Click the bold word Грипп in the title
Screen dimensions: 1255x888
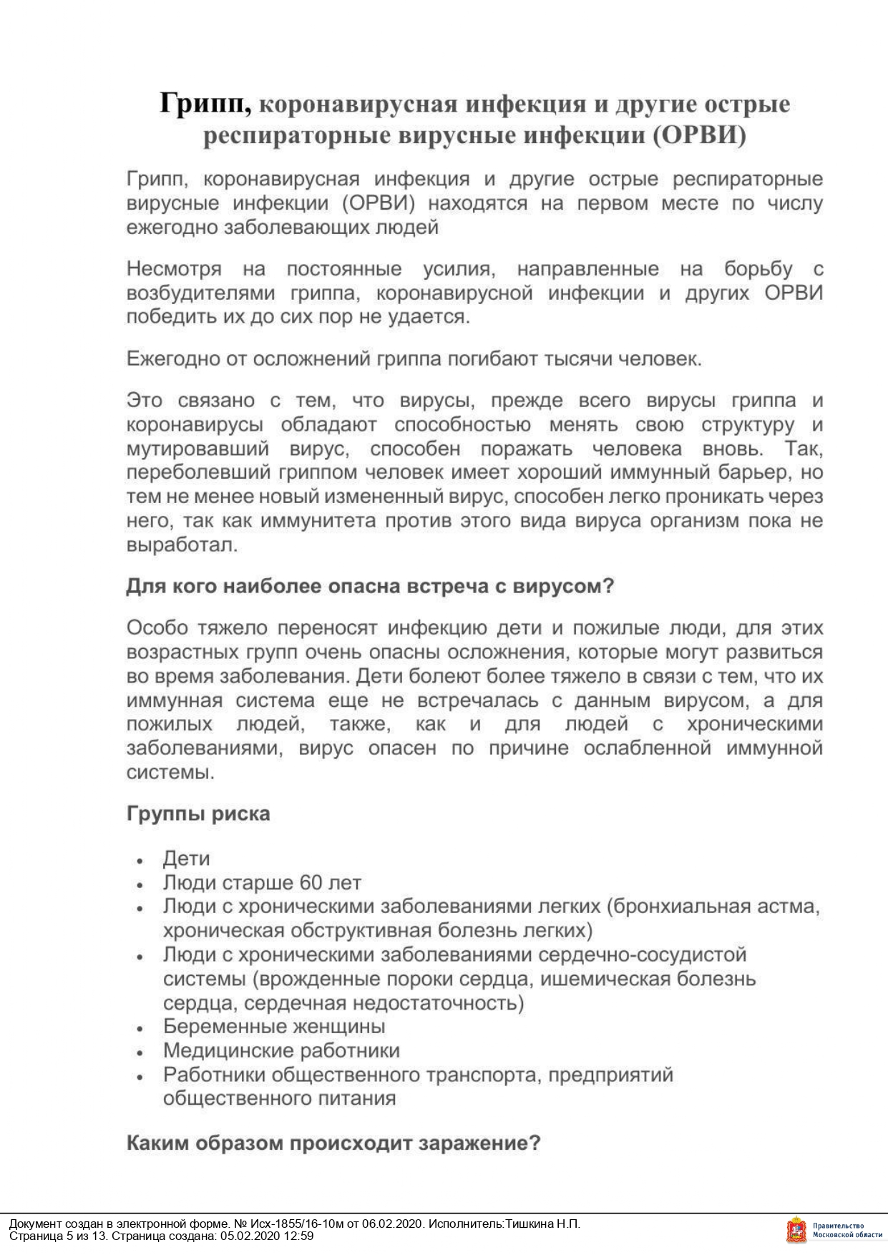tap(205, 104)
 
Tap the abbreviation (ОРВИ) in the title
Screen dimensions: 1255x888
tap(698, 135)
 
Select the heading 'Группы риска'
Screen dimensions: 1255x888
tap(198, 814)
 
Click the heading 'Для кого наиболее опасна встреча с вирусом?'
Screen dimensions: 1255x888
tap(370, 586)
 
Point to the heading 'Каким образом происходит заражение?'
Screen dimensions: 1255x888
tap(333, 1143)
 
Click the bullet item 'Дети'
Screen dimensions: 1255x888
tap(186, 859)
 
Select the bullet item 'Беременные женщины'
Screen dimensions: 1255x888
tap(274, 1026)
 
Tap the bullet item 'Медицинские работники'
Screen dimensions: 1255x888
tap(281, 1050)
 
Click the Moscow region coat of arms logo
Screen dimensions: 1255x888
tap(795, 1231)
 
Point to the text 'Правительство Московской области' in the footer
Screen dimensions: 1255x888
tap(847, 1231)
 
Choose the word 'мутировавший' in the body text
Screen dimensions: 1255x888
tap(197, 449)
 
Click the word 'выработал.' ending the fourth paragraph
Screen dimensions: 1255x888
tap(182, 545)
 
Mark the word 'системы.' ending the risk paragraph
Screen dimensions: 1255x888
tap(170, 773)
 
